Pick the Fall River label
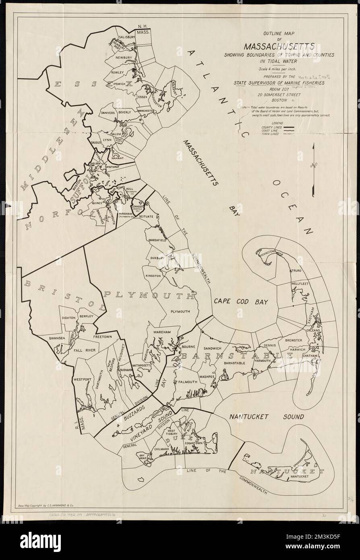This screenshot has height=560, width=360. point(85,351)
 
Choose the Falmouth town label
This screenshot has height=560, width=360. point(188,382)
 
